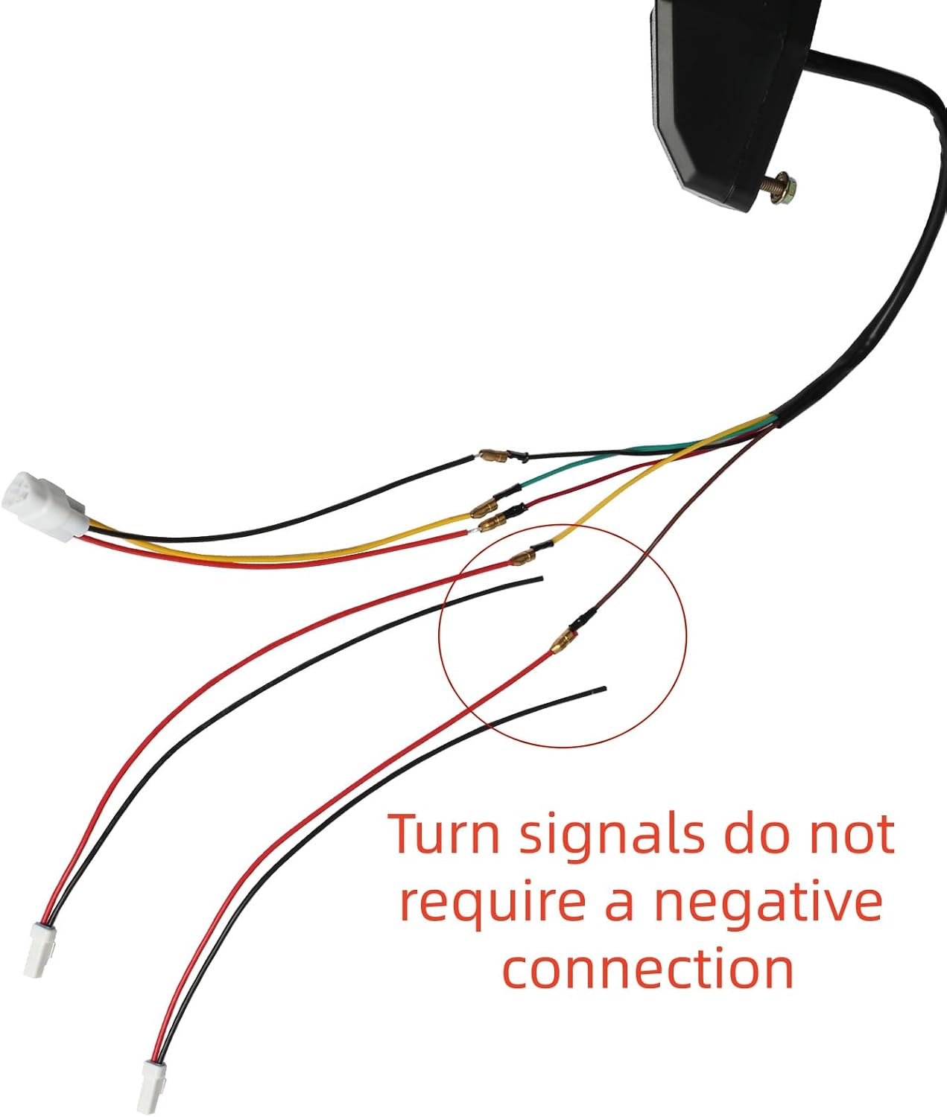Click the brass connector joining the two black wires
click(494, 456)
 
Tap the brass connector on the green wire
click(484, 509)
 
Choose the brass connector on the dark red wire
click(493, 522)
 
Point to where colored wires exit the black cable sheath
click(774, 419)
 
